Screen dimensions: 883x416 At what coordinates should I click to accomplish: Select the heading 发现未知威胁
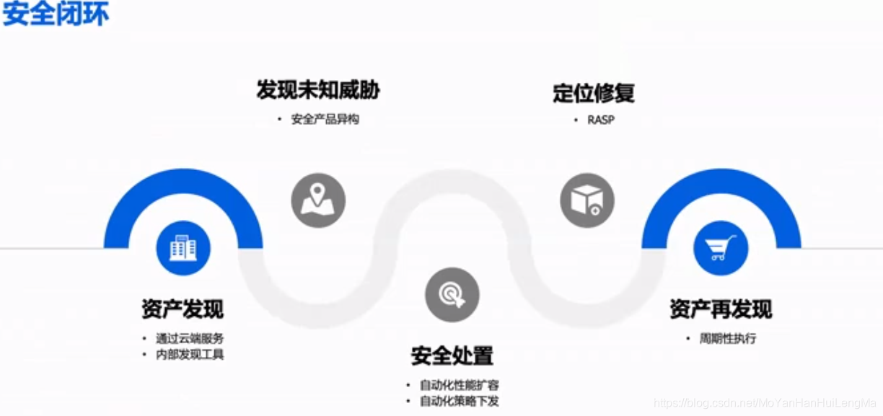click(317, 90)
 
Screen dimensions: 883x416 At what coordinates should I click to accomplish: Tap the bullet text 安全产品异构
click(325, 120)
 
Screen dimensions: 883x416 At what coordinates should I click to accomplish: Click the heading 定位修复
click(593, 93)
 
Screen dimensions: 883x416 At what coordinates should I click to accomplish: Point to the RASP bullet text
click(600, 120)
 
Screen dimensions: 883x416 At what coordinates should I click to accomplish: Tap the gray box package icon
click(587, 200)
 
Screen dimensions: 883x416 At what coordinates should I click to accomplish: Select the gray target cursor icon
click(452, 294)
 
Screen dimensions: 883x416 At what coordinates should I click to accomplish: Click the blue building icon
click(183, 248)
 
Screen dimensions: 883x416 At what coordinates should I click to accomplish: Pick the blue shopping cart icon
click(721, 248)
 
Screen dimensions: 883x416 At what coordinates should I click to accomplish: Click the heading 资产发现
click(183, 309)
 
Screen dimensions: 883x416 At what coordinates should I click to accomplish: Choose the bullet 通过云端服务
click(190, 338)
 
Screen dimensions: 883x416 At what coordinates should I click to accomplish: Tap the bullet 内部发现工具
click(190, 355)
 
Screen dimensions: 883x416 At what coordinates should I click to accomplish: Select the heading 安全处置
click(452, 355)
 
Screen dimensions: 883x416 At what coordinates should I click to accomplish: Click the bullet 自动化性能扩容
click(459, 385)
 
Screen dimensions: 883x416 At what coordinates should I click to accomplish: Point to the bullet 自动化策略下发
click(459, 402)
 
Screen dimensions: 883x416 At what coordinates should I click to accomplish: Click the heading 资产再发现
click(720, 309)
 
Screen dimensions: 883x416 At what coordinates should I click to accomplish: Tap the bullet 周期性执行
click(727, 338)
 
